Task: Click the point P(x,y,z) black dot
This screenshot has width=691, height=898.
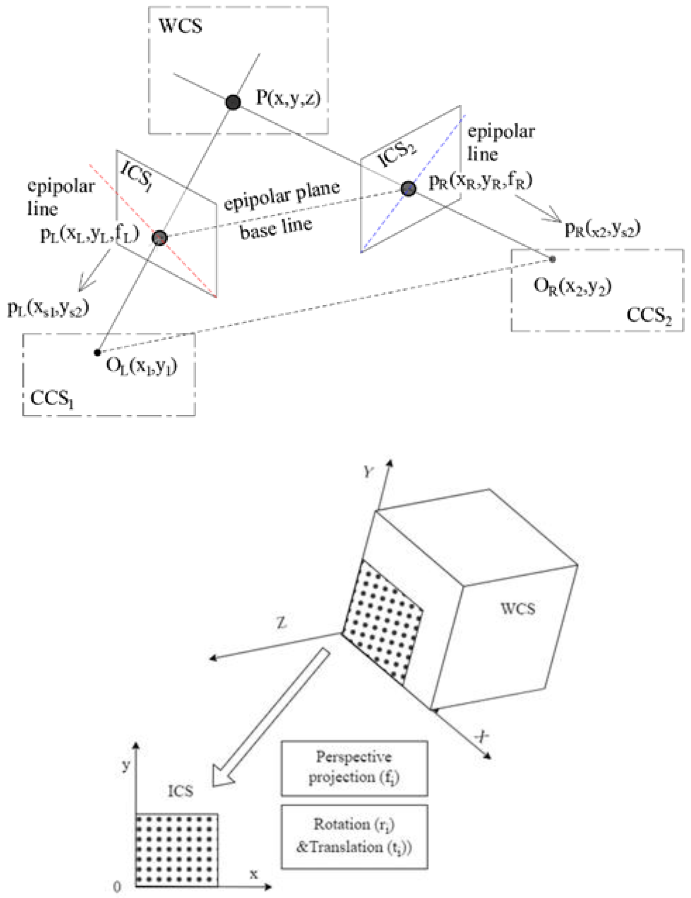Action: click(233, 102)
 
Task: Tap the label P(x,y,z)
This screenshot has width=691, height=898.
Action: click(288, 98)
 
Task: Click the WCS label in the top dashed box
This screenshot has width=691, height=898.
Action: click(181, 26)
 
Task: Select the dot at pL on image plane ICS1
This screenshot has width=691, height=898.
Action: click(160, 238)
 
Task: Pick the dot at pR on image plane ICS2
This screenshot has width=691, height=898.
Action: click(408, 188)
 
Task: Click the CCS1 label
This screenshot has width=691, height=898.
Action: click(52, 398)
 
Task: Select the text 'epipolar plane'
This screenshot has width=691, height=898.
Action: click(282, 196)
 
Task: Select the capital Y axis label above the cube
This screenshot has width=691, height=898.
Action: click(368, 472)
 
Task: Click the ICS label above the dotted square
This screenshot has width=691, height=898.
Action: click(180, 791)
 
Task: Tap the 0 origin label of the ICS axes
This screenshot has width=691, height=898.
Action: click(117, 887)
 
